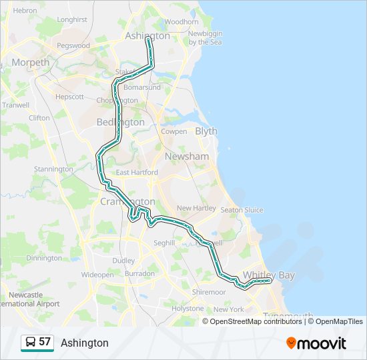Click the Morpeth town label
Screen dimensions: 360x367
click(x=30, y=63)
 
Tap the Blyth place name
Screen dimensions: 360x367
click(x=206, y=131)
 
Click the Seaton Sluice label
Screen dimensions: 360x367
click(x=242, y=210)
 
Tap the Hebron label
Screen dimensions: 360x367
click(x=25, y=11)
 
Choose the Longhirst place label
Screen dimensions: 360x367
click(x=72, y=20)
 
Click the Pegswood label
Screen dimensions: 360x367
click(x=73, y=46)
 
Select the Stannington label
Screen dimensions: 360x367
click(x=53, y=169)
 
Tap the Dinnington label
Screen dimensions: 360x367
click(x=44, y=258)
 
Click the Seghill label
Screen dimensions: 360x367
click(x=164, y=243)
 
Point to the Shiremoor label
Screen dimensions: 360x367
click(x=208, y=292)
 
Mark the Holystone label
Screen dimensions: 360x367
click(x=188, y=309)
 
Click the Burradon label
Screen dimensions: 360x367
click(x=139, y=273)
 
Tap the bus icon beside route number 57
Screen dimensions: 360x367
click(x=31, y=343)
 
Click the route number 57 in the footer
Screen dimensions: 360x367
click(x=45, y=342)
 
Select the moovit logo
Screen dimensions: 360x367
click(x=316, y=343)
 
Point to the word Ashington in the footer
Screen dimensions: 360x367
click(x=85, y=343)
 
